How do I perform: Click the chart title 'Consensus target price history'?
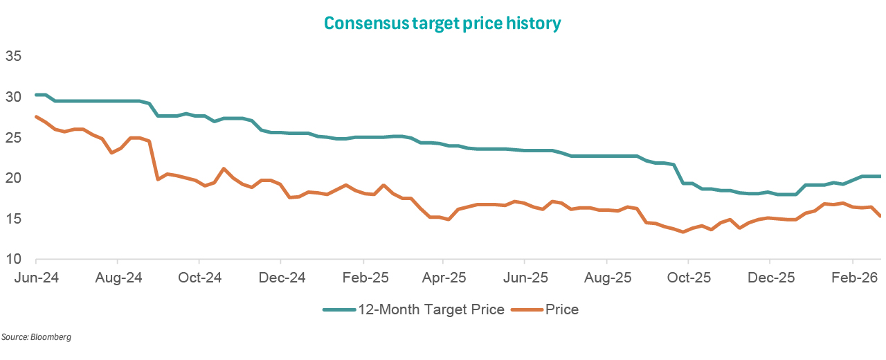442,24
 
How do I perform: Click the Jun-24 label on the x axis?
37,278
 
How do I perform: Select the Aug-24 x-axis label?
118,278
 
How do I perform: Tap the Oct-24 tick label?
199,278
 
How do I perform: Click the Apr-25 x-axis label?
443,278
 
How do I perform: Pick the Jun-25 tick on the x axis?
525,278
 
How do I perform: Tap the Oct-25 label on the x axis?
688,278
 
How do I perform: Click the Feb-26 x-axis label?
852,278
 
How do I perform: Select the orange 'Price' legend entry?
561,309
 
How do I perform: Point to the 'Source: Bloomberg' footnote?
36,337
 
